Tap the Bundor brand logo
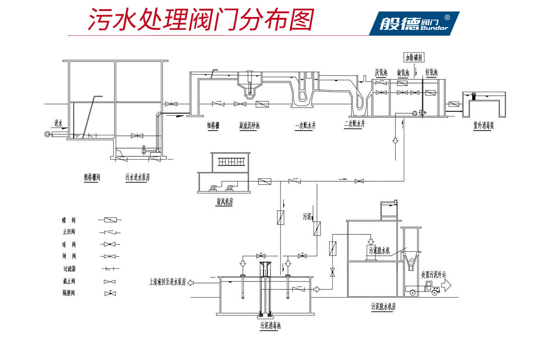pos(414,22)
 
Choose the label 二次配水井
pos(355,123)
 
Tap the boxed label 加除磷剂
pos(414,57)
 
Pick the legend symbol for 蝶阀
pos(110,220)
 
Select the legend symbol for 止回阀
pos(110,232)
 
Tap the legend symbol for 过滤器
pos(110,269)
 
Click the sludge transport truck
pos(425,288)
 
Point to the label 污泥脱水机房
pos(384,307)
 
